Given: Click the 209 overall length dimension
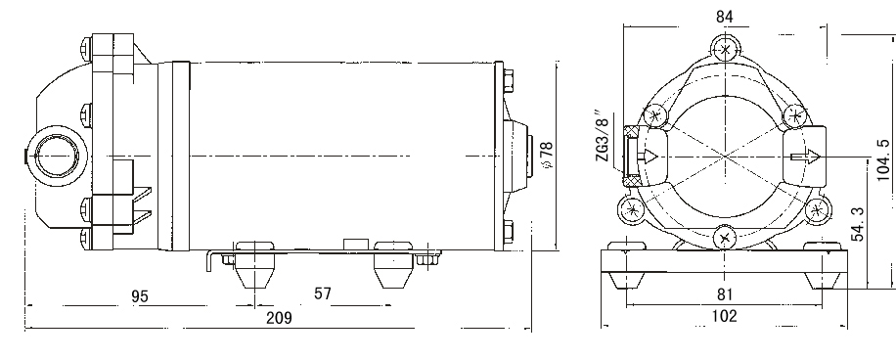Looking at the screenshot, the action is tap(279, 318).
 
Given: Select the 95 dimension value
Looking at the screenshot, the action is tap(140, 296).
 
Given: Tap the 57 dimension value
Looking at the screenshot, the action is tap(322, 293).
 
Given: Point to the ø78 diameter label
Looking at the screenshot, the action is tap(547, 155).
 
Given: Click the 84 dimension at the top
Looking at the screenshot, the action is tap(725, 18).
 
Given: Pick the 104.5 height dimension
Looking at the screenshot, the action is tap(883, 159).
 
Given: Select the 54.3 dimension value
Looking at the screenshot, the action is tap(858, 225).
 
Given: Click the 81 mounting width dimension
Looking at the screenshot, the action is tap(725, 294).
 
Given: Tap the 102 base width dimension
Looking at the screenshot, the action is tap(724, 316).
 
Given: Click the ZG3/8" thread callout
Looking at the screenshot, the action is tap(604, 138).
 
